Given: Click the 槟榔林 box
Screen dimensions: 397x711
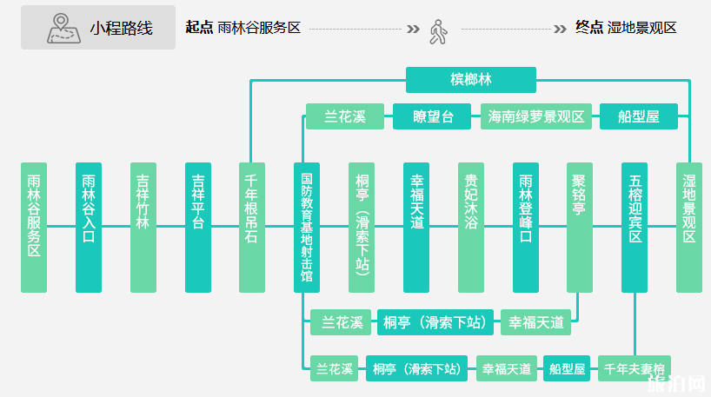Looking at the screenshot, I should (x=470, y=80).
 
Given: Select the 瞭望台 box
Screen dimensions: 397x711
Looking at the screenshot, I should (x=433, y=116).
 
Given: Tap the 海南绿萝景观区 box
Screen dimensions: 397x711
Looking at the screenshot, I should (x=536, y=116).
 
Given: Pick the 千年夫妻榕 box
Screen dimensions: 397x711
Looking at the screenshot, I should (x=635, y=369).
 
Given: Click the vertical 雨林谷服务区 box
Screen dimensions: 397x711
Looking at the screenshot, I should (x=34, y=227).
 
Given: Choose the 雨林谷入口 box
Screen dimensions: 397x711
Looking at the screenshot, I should (x=89, y=227).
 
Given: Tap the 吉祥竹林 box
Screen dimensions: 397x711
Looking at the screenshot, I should (x=143, y=227).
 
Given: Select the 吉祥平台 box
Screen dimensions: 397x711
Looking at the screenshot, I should (x=198, y=227).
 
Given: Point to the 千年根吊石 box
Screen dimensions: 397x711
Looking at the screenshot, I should (x=252, y=227).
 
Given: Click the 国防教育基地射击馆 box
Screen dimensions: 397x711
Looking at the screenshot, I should (x=307, y=227).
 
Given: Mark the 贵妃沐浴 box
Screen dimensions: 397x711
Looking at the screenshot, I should (x=471, y=227).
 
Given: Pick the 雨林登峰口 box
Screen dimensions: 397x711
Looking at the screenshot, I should (x=526, y=227).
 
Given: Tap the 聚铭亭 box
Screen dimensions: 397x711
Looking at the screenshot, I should (x=580, y=227).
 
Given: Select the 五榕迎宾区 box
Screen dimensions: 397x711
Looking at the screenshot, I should (x=635, y=227).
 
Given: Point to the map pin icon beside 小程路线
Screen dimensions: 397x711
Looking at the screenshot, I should (x=62, y=28).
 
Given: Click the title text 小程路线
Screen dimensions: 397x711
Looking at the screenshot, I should (x=121, y=28).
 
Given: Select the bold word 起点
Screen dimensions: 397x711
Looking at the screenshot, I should (x=199, y=28).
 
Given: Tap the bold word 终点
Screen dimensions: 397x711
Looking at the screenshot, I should (x=589, y=28).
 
